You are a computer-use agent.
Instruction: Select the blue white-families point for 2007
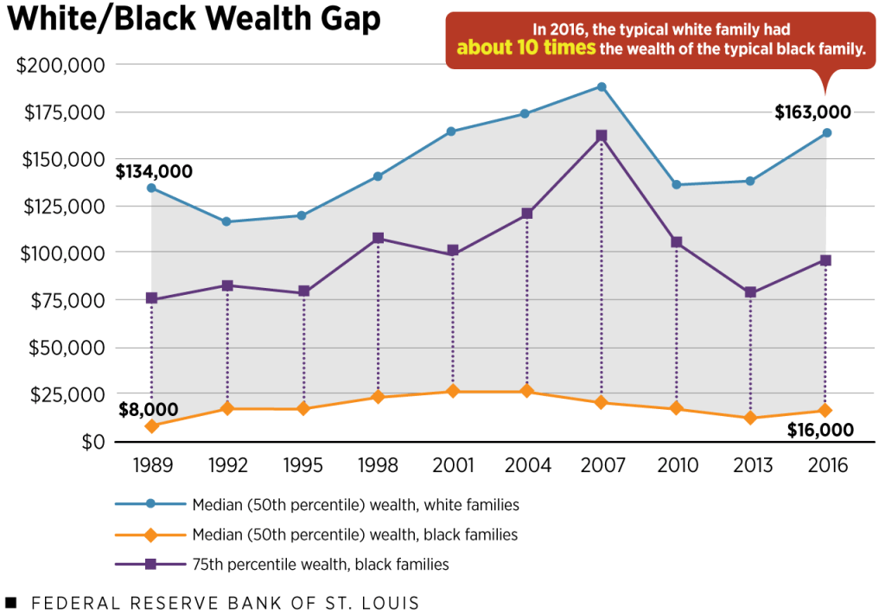[x=602, y=86]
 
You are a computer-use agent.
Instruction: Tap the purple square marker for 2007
[x=602, y=136]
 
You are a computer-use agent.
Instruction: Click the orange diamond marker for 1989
[x=152, y=426]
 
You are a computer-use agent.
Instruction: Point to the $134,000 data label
[x=154, y=172]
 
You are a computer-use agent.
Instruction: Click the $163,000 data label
[x=812, y=112]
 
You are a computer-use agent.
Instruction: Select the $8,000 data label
[x=149, y=409]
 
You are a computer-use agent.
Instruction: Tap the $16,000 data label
[x=820, y=430]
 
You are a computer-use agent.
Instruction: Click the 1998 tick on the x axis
[x=378, y=466]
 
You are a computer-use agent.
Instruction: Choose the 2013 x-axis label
[x=751, y=466]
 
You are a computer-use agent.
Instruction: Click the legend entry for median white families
[x=355, y=504]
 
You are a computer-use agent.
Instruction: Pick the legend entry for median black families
[x=354, y=534]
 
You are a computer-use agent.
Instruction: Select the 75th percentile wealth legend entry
[x=320, y=565]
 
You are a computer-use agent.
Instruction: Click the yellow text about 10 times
[x=526, y=48]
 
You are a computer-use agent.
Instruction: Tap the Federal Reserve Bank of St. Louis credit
[x=225, y=602]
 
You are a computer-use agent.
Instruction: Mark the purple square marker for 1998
[x=378, y=238]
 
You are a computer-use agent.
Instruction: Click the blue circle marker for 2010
[x=676, y=185]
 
